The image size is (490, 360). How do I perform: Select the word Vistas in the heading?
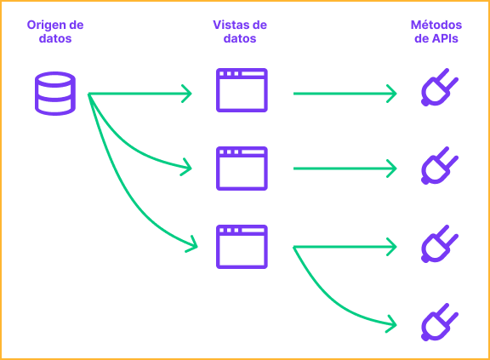[x=230, y=25]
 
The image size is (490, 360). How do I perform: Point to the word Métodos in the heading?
[x=436, y=25]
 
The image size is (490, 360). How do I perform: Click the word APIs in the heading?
[x=445, y=38]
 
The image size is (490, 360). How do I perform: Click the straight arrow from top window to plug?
[x=345, y=94]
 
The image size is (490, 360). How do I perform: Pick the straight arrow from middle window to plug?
[x=345, y=169]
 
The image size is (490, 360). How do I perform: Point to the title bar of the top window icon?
[x=242, y=74]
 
